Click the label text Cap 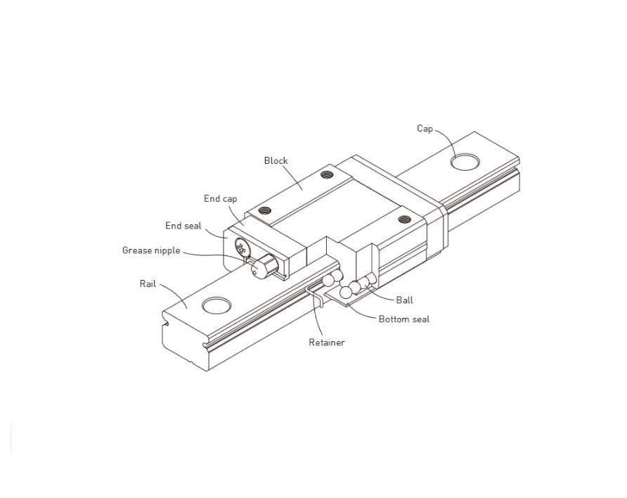click(425, 129)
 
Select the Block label click(276, 160)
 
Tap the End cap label click(220, 199)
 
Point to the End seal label click(183, 226)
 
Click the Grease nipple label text click(151, 251)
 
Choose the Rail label click(148, 283)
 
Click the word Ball click(404, 300)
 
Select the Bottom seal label click(404, 319)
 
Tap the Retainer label click(327, 343)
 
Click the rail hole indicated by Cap click(465, 162)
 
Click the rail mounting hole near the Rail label click(216, 305)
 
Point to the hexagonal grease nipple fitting click(265, 267)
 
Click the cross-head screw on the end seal click(242, 247)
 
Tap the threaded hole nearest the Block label click(327, 174)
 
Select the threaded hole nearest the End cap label click(265, 210)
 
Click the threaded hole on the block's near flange click(405, 219)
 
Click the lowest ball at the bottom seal click(346, 293)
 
